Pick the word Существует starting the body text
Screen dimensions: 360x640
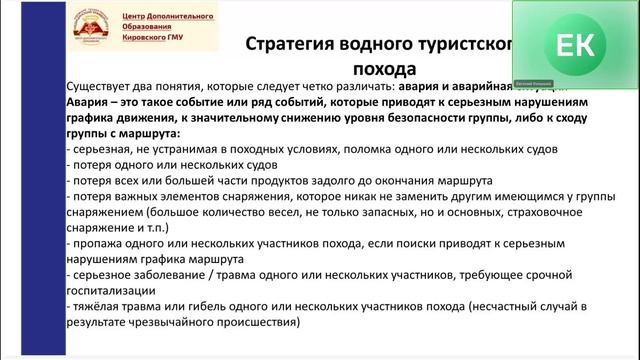(103, 87)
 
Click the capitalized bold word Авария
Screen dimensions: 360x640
(90, 102)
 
